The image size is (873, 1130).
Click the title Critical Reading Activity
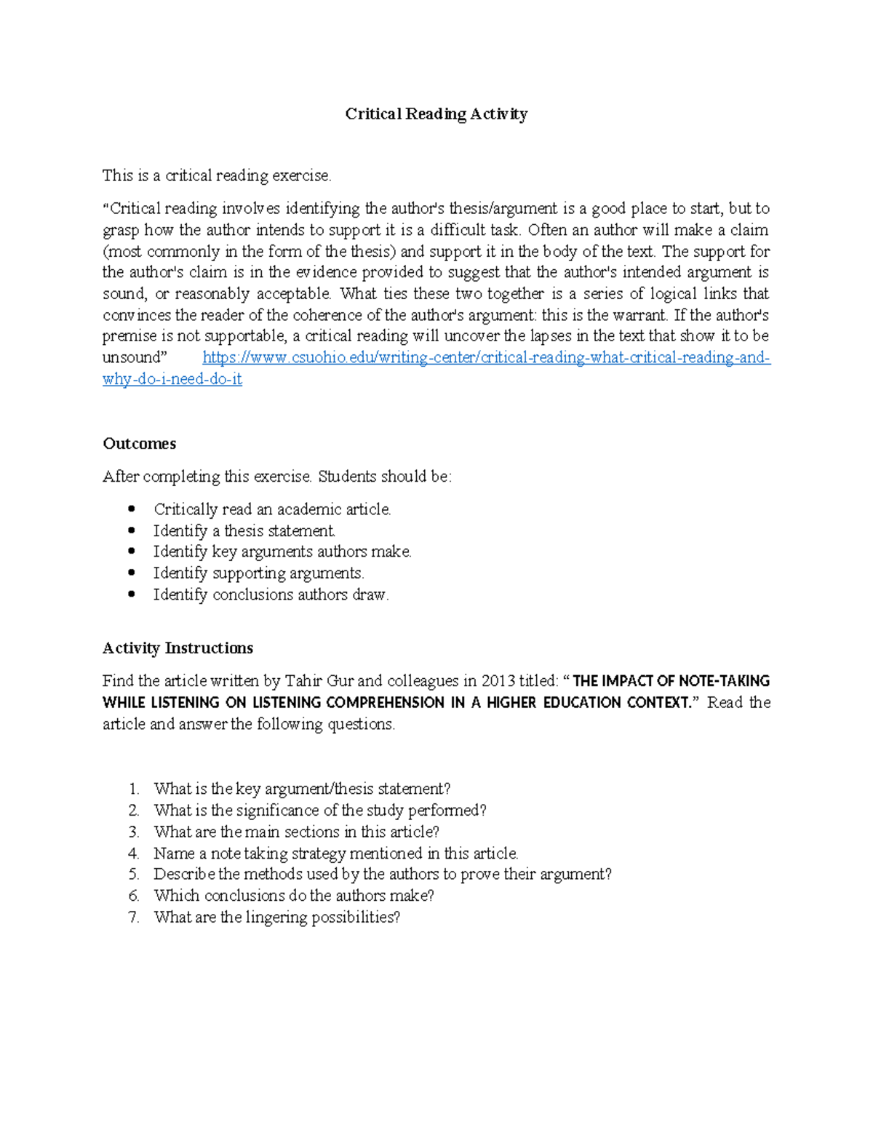pos(436,114)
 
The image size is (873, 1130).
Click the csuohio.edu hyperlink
pos(486,357)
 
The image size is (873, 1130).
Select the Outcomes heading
pos(139,444)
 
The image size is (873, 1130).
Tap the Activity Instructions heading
pos(178,648)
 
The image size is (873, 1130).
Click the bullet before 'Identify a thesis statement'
pos(132,530)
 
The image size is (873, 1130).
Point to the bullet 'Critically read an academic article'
pos(272,509)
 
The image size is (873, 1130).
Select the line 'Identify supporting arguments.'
pos(258,573)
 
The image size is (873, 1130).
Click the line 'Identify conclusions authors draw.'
pos(271,594)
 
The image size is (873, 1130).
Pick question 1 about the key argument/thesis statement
pos(302,789)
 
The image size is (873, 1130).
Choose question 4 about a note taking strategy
pos(335,853)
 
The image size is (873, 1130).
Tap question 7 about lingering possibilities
pos(276,917)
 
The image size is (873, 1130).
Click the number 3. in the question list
pos(133,832)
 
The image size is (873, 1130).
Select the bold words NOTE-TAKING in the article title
pos(724,681)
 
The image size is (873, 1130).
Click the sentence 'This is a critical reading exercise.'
pos(217,175)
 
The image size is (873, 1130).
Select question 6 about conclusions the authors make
pos(293,896)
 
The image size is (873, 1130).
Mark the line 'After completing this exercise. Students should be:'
pos(276,477)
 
